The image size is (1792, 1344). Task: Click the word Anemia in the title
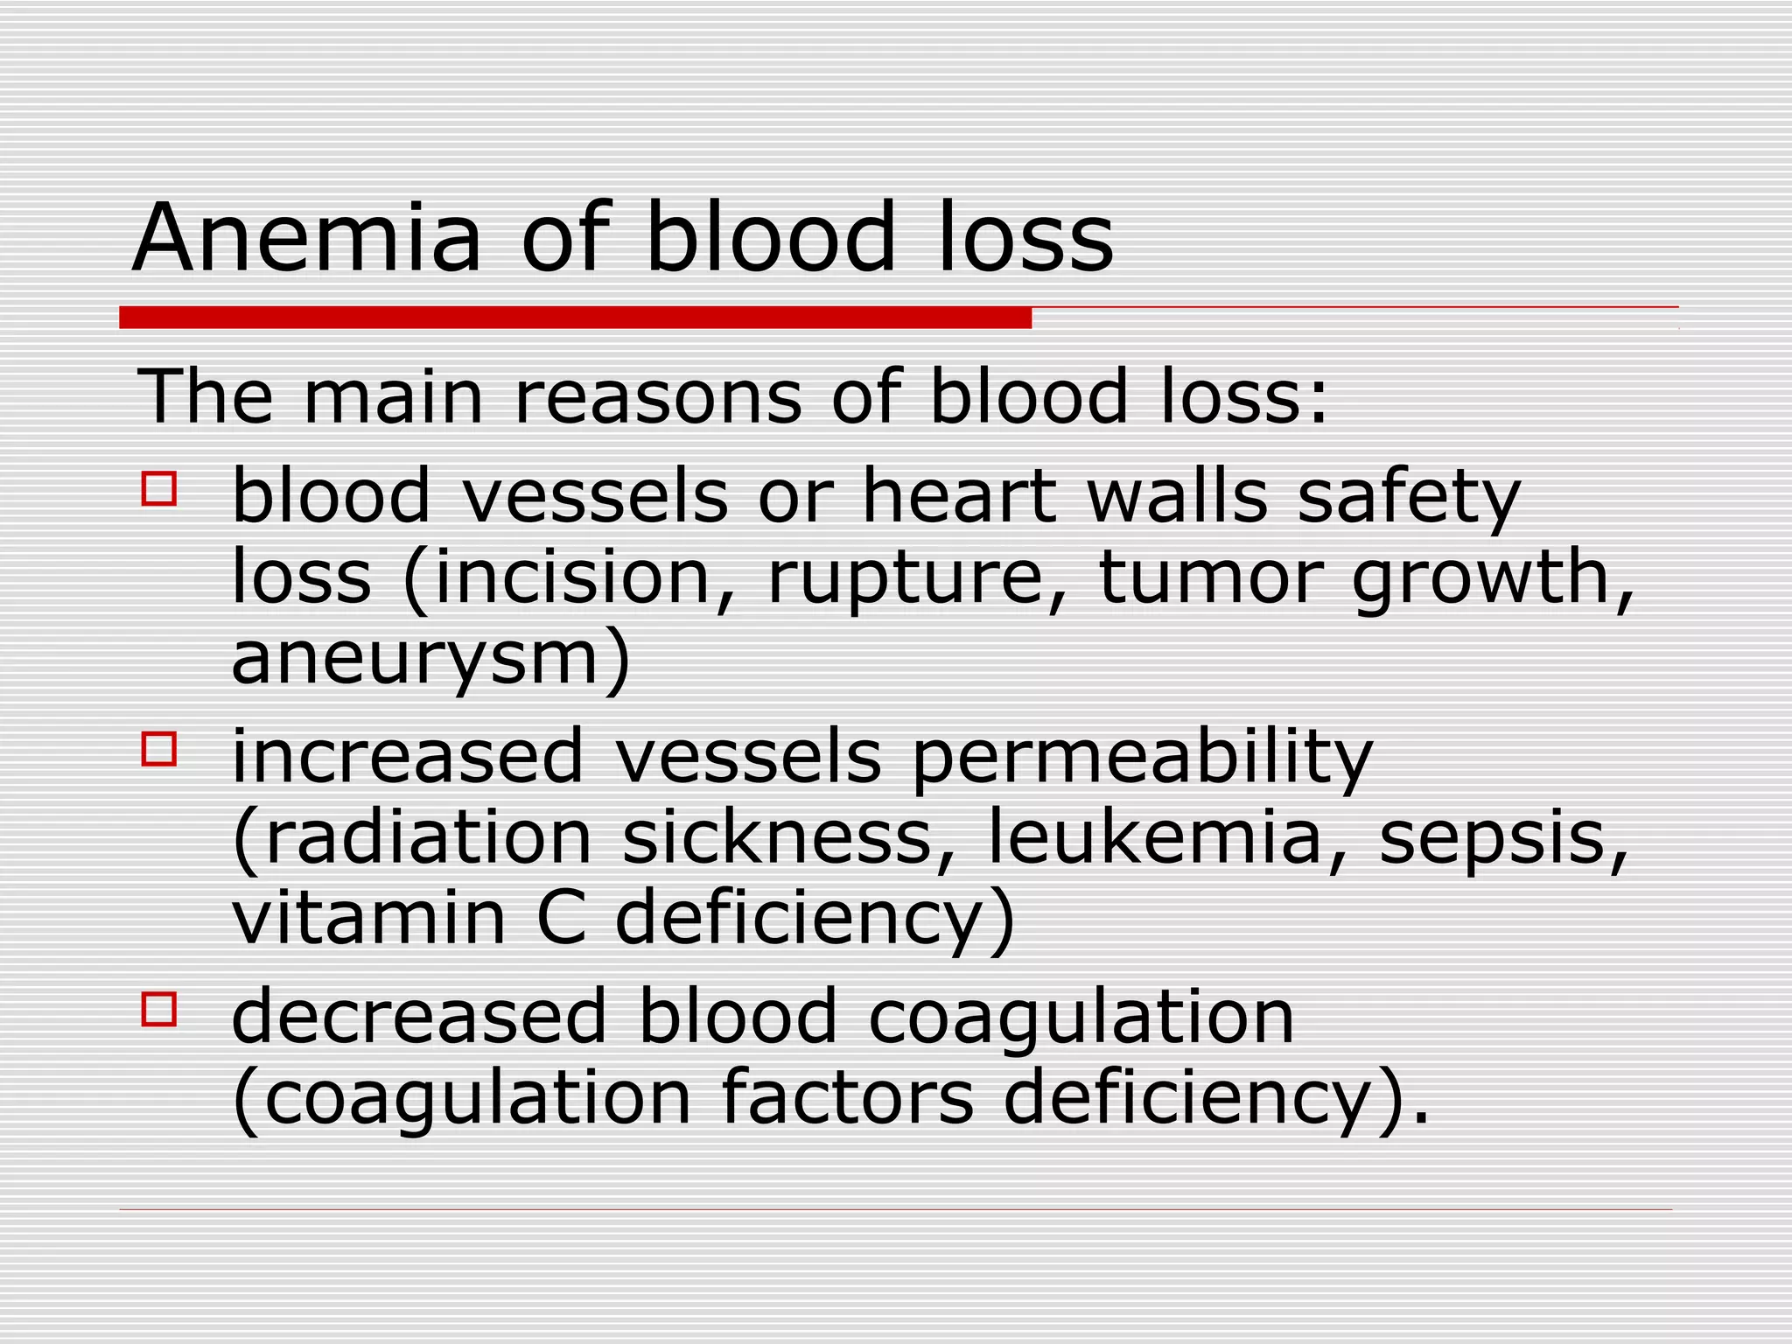pos(306,238)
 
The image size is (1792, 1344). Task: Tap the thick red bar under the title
pos(575,317)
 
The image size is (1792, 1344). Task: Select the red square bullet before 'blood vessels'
pos(159,489)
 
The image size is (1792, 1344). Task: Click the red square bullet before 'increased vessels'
pos(159,750)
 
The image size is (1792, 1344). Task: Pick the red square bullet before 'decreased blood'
pos(159,1009)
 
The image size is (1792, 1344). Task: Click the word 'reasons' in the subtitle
pos(657,397)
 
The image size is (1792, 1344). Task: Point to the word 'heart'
pos(959,496)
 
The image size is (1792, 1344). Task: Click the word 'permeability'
pos(1142,758)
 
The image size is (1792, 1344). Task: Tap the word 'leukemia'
pos(1154,837)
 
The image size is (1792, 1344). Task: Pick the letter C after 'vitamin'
pos(560,918)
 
